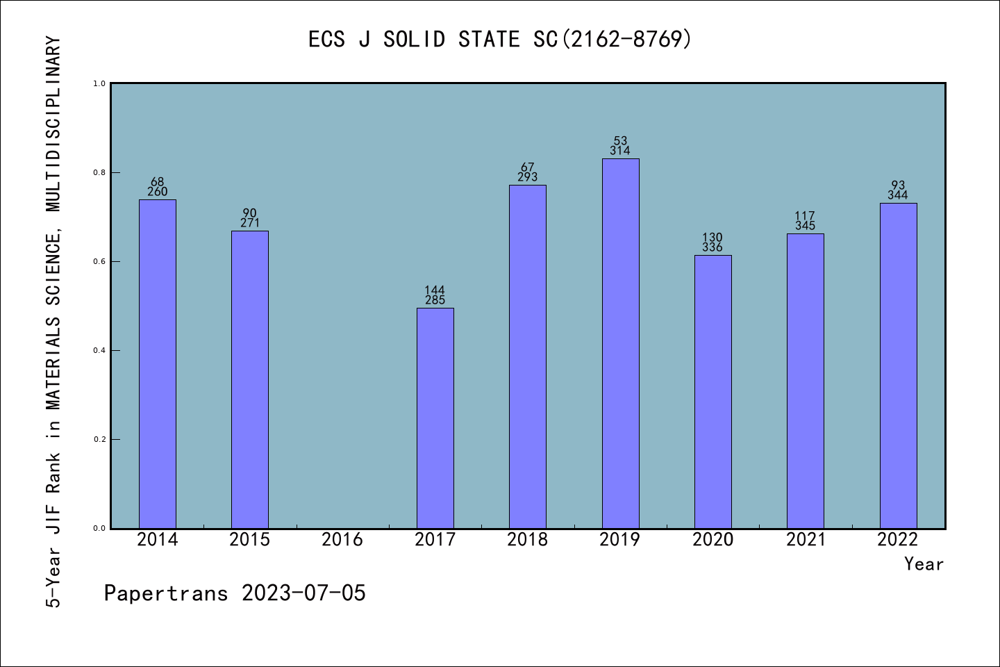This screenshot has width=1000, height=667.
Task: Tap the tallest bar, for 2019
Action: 620,343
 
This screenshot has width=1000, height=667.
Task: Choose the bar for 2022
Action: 898,365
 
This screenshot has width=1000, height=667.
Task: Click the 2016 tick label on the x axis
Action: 342,540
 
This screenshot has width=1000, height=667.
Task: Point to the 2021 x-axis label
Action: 806,540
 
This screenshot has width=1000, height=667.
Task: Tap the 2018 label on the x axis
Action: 528,540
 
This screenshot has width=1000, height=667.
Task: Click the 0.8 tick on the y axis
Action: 99,172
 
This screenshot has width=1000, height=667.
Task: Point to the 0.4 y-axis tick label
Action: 99,350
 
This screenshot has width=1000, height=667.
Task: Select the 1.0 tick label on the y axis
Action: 99,83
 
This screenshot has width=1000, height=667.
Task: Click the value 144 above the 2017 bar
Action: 435,290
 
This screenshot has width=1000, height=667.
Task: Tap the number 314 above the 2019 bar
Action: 620,151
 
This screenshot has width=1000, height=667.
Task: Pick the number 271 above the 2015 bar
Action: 250,223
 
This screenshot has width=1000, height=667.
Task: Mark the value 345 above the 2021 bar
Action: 806,226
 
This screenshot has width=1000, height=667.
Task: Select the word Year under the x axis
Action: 924,564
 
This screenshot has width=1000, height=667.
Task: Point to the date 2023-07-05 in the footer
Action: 303,593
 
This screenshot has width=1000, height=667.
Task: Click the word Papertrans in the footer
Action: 166,593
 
